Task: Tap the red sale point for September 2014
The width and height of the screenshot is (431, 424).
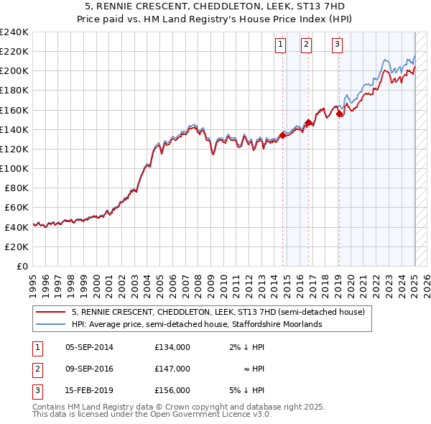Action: click(x=283, y=134)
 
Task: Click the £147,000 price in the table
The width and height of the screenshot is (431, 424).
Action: click(x=172, y=369)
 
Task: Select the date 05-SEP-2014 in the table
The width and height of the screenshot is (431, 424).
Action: click(x=89, y=347)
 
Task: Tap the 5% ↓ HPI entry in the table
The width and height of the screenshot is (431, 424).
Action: click(x=247, y=390)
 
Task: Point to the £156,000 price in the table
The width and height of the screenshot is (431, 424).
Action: click(x=172, y=390)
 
